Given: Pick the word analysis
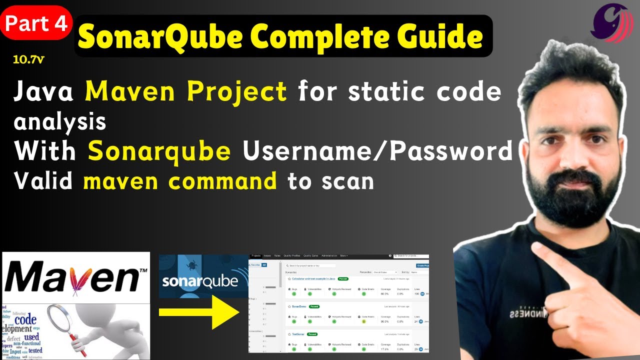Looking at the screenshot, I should click(60, 121).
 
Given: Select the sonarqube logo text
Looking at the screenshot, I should click(199, 281).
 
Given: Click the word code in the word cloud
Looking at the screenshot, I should click(25, 319).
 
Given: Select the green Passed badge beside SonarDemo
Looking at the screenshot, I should click(314, 306).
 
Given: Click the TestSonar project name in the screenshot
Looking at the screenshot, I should click(298, 334).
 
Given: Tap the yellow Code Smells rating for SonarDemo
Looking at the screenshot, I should click(364, 321).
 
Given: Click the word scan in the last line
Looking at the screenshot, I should click(348, 181).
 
